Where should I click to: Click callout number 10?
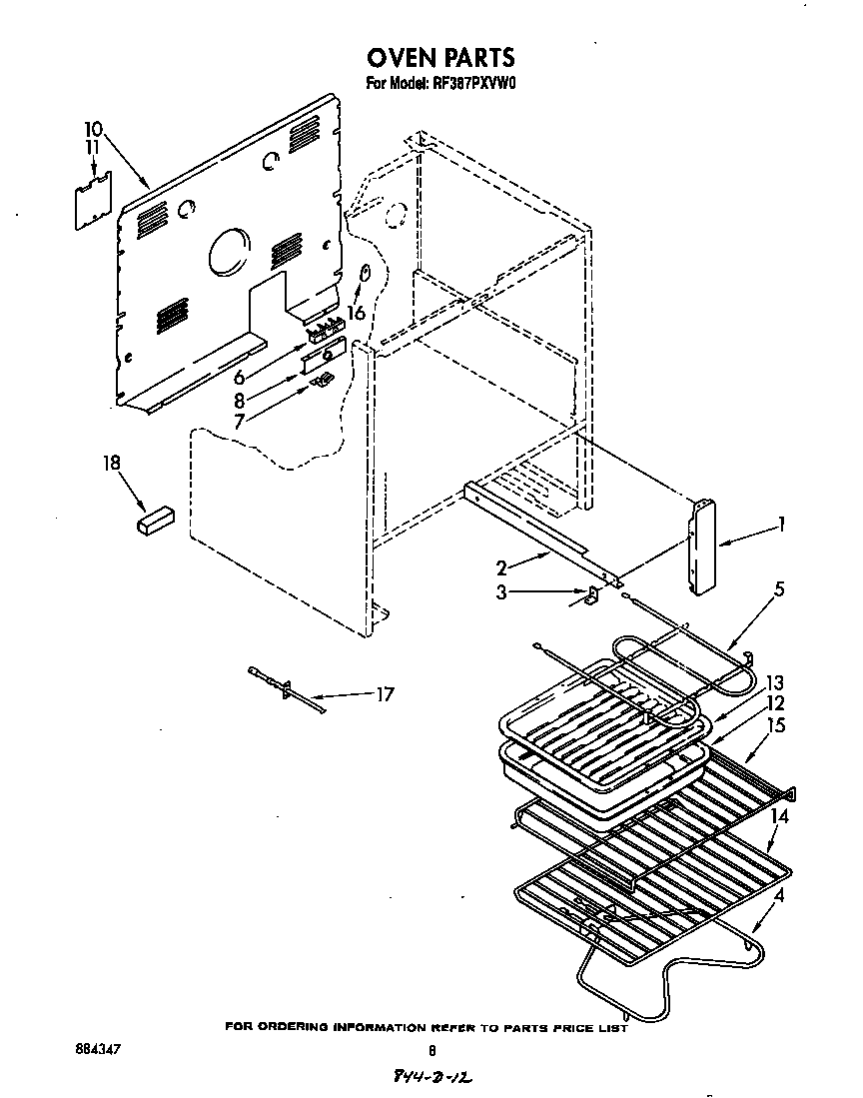[x=93, y=129]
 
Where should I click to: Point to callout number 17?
[x=384, y=693]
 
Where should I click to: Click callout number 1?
[x=782, y=523]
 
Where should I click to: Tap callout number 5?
[x=779, y=588]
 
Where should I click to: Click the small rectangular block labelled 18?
[x=154, y=520]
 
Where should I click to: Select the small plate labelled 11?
[x=93, y=200]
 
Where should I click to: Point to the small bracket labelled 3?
[x=589, y=596]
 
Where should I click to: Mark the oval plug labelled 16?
[x=366, y=273]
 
